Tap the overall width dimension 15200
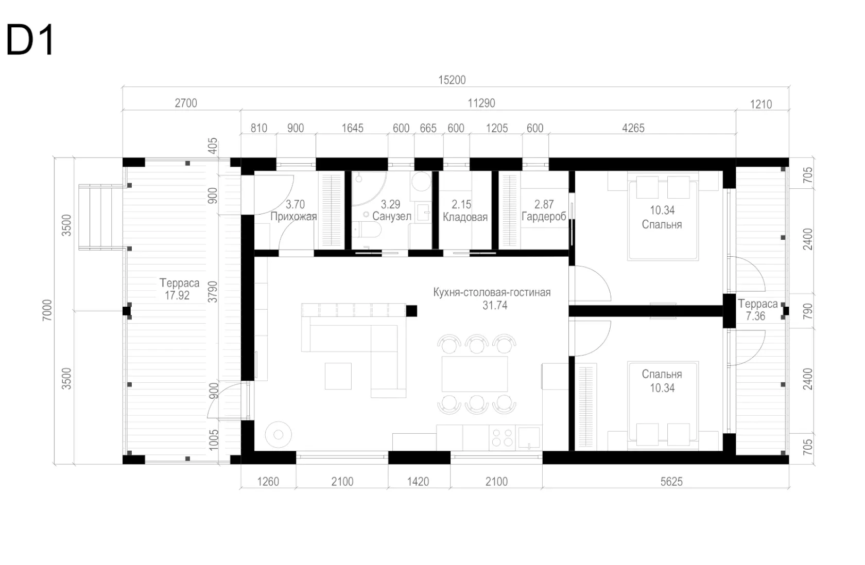[452, 80]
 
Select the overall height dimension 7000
[47, 310]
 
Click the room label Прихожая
[293, 217]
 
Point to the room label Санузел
[391, 216]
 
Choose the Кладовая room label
[465, 217]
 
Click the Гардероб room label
[544, 217]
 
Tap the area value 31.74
[495, 305]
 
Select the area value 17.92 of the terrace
[177, 295]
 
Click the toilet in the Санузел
[366, 229]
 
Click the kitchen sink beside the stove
[529, 437]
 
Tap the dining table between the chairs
[475, 374]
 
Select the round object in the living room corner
[279, 435]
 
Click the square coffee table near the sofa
[338, 376]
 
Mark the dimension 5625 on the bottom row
[671, 482]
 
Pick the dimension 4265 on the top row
[633, 128]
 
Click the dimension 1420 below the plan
[418, 482]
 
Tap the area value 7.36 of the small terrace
[755, 316]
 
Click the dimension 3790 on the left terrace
[213, 292]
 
